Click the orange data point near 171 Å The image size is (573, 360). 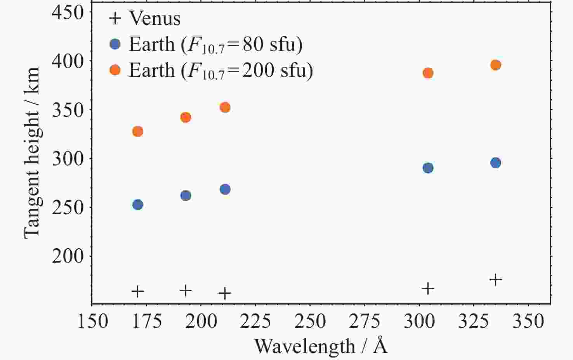point(138,132)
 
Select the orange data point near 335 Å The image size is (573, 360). point(495,65)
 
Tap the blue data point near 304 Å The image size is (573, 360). point(428,168)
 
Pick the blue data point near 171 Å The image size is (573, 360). point(138,204)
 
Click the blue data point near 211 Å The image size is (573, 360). point(225,189)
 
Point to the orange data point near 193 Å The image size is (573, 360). point(186,117)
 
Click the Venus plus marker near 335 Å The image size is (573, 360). point(496,279)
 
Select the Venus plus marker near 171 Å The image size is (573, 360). point(138,291)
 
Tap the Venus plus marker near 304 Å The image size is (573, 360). point(428,289)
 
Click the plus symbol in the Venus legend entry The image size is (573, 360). point(115,18)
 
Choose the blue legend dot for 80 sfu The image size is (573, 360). point(115,44)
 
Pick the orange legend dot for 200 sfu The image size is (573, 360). point(115,70)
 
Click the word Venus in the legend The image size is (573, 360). point(155,18)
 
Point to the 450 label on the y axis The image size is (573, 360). point(68,12)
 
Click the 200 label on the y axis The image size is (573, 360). point(68,256)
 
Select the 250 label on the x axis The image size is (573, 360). point(310,321)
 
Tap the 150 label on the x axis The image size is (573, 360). point(92,321)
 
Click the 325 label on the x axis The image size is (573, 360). point(474,321)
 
